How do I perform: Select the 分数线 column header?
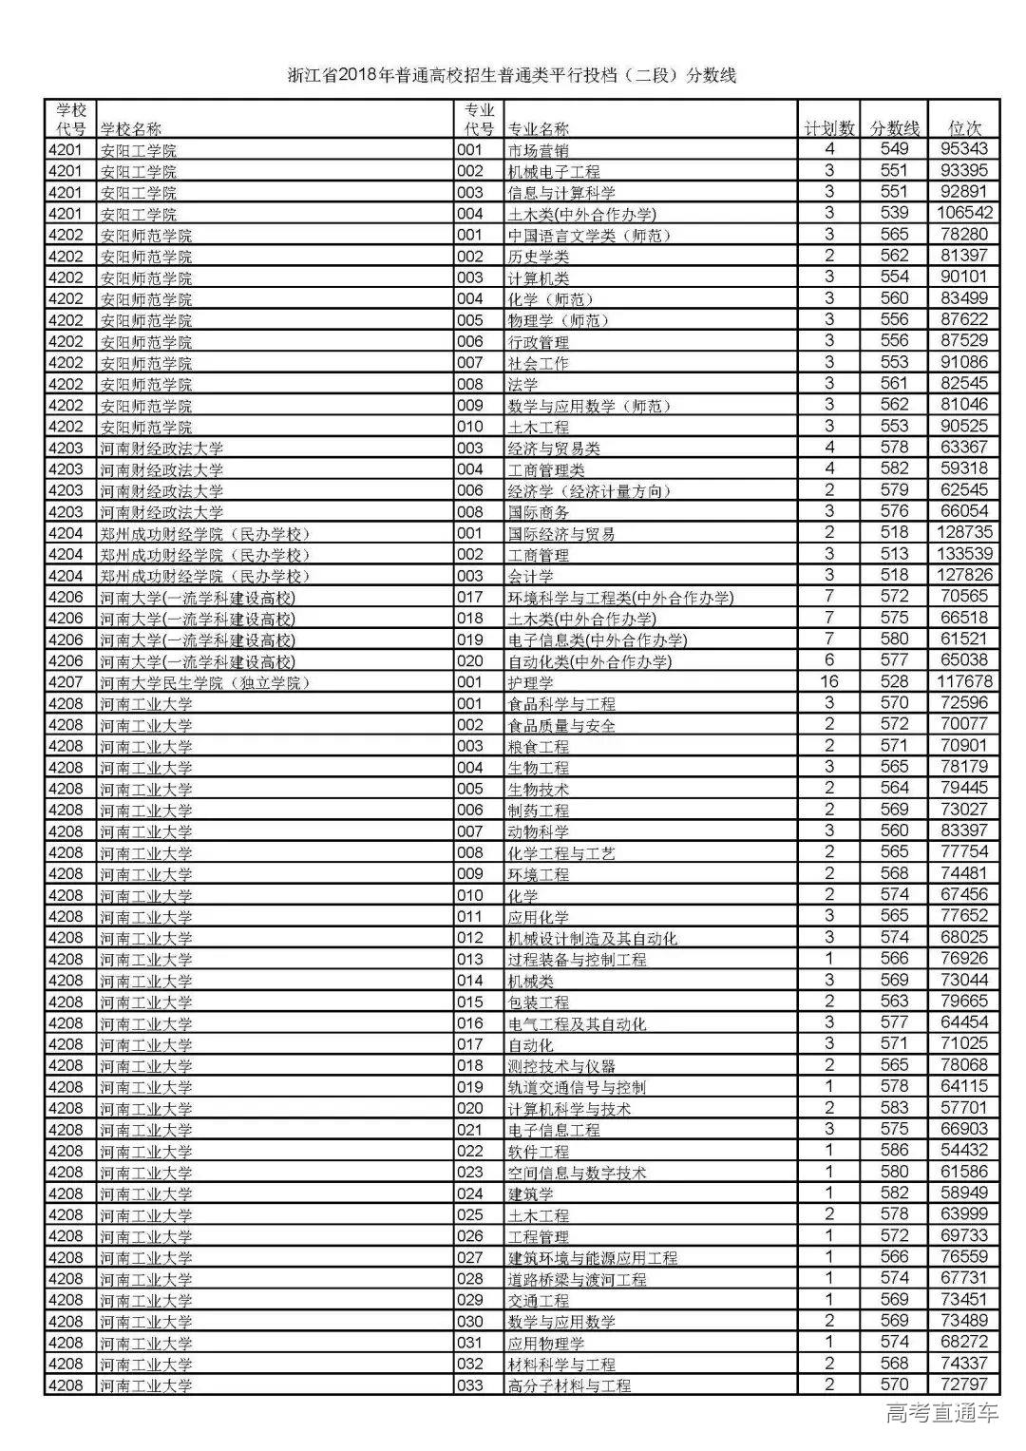coord(895,128)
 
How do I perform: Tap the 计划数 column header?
coord(829,128)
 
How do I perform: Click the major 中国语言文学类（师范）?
coord(589,235)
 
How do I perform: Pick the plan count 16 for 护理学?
coord(829,681)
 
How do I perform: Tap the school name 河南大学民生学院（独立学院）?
coord(205,682)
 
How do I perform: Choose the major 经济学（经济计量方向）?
coord(589,490)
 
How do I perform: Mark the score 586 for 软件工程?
coord(894,1151)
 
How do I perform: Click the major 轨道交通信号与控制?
coord(577,1087)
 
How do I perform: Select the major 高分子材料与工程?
coord(569,1385)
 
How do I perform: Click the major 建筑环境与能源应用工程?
coord(593,1257)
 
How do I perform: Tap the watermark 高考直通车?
coord(941,1414)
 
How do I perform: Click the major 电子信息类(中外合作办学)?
coord(598,640)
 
